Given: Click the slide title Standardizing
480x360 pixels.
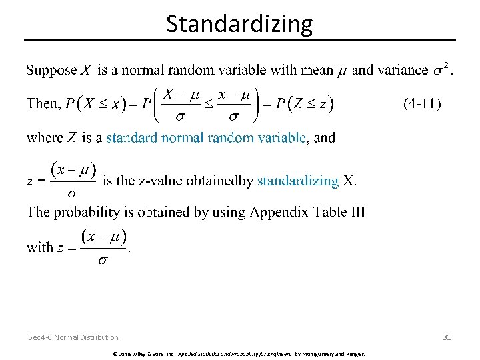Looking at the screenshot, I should click(x=239, y=24).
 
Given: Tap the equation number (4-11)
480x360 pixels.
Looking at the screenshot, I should click(x=421, y=103).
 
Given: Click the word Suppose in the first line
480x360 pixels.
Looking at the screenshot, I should click(x=52, y=71).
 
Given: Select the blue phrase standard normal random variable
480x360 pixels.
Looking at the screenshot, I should click(x=206, y=138).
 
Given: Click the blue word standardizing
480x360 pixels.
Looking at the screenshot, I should click(x=298, y=181).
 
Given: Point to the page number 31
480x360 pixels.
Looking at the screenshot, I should click(x=447, y=337).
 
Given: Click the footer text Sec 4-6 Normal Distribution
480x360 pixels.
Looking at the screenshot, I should click(x=74, y=337).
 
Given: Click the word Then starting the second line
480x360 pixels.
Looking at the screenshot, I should click(x=42, y=104).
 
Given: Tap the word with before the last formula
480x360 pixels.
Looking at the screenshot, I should click(x=39, y=247).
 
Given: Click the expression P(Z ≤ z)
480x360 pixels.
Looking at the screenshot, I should click(x=305, y=104).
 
